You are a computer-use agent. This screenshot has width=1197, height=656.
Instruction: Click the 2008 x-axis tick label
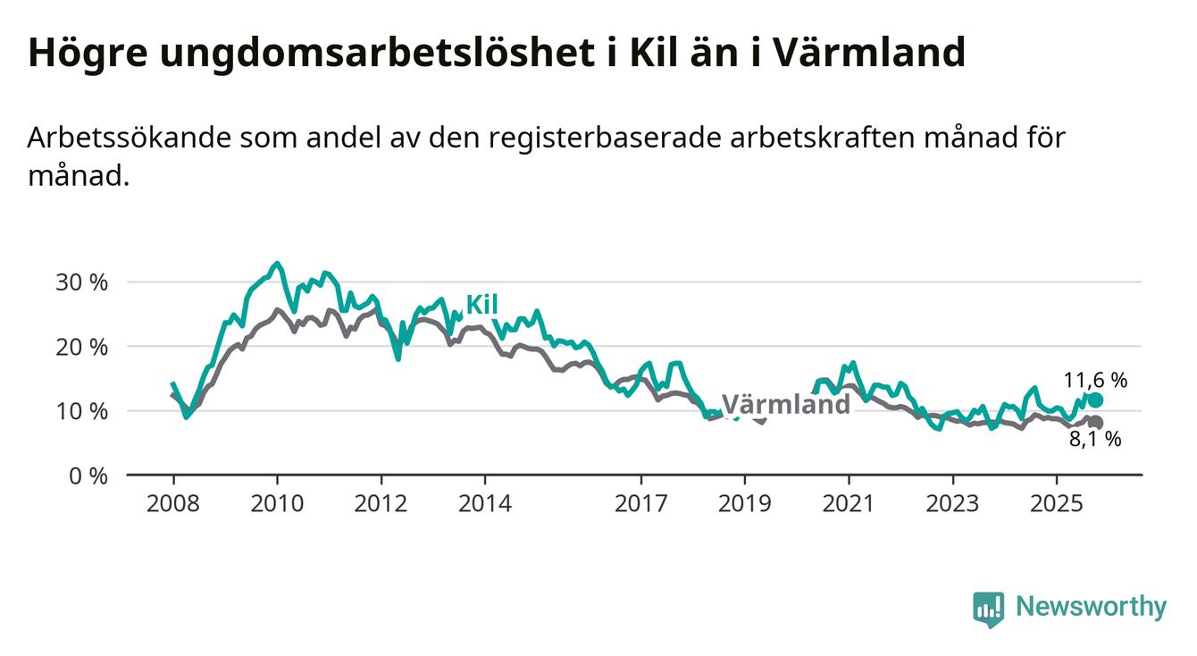(x=172, y=503)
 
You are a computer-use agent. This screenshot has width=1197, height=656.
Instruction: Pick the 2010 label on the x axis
(x=276, y=503)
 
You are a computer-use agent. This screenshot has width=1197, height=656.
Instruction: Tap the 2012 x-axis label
(x=381, y=503)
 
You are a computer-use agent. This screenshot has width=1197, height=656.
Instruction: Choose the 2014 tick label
(x=484, y=503)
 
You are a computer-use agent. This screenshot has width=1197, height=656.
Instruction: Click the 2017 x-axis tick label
(x=640, y=503)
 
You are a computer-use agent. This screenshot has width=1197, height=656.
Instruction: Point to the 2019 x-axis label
(x=744, y=503)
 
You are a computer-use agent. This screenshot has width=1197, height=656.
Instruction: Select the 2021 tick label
(x=848, y=503)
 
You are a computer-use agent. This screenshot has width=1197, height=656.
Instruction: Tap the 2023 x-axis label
(x=952, y=503)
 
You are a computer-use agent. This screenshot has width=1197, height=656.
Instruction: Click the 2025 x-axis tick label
(x=1056, y=503)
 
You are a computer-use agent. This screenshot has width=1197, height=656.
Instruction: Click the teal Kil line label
(x=481, y=305)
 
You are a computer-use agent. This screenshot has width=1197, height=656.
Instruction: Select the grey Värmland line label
(x=785, y=405)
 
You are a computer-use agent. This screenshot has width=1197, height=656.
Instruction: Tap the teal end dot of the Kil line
(x=1095, y=399)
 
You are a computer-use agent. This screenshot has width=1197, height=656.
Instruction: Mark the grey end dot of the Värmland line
(x=1095, y=423)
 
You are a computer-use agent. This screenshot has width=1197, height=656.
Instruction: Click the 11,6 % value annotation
(x=1095, y=380)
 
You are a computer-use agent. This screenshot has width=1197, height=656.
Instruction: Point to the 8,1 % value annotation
(x=1095, y=439)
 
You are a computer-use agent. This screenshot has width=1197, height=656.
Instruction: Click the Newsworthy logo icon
(x=988, y=609)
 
